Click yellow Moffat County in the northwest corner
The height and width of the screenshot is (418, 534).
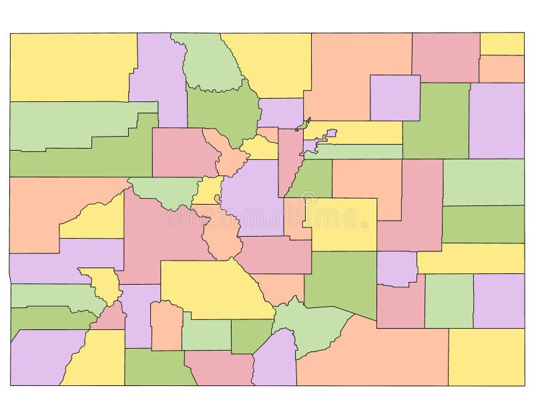[x=70, y=67]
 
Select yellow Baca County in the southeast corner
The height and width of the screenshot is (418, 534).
[x=485, y=357]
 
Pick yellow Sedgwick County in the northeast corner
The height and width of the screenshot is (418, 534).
[x=502, y=43]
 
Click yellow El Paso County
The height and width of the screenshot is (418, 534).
[x=340, y=223]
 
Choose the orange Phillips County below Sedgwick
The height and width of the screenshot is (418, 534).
[x=501, y=69]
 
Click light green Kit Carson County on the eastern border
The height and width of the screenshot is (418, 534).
[x=483, y=181]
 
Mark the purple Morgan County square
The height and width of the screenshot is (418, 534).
[x=394, y=97]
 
